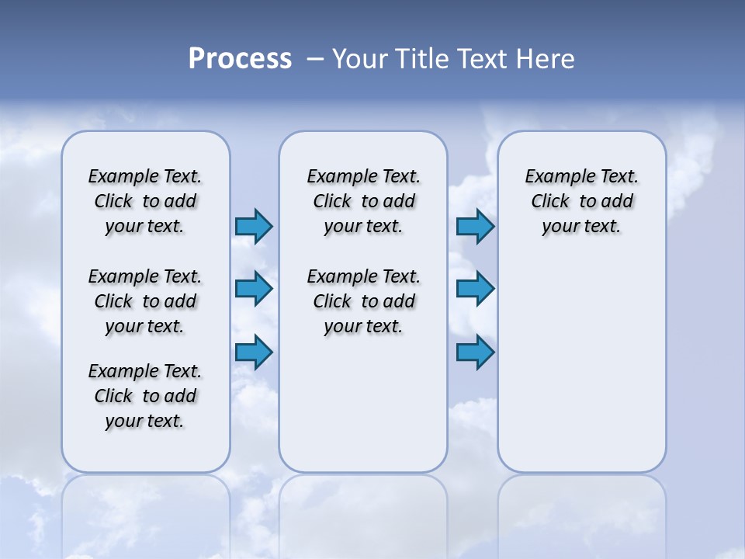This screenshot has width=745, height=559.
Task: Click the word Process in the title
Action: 240,59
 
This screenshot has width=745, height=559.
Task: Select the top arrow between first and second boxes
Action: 254,226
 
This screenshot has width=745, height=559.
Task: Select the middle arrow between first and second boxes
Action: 254,289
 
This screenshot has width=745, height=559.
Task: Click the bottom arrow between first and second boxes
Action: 254,352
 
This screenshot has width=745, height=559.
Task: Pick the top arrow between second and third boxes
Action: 475,226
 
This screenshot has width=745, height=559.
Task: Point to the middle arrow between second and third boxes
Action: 475,289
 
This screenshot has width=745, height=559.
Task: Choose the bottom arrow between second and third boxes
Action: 475,352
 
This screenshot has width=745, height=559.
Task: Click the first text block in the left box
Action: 145,201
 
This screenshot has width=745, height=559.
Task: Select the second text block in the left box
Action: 145,301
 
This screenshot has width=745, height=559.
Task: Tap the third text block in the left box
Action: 145,396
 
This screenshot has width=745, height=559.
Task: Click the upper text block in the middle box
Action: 363,201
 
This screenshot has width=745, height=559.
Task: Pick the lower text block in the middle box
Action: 363,301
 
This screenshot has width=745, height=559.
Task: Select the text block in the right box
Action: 581,201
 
